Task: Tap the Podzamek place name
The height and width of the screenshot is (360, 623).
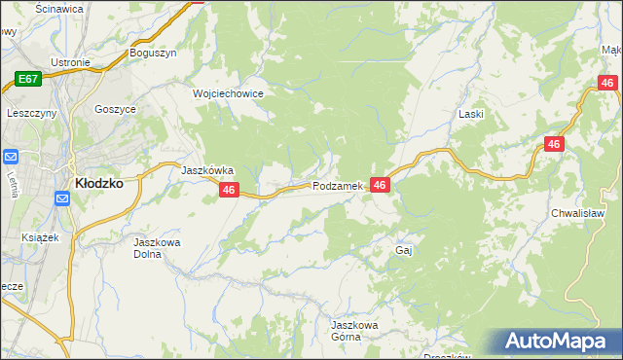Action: [x=338, y=186]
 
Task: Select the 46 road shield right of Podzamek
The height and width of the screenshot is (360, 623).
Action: [x=380, y=185]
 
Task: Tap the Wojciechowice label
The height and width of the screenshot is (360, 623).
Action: [x=229, y=93]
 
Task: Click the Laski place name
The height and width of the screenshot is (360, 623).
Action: [x=471, y=114]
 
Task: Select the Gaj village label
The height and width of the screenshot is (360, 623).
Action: [x=405, y=250]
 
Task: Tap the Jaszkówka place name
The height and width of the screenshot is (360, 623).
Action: [x=207, y=169]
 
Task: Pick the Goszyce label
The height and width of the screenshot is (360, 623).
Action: [x=115, y=110]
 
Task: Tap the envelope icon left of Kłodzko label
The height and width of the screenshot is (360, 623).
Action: [x=62, y=198]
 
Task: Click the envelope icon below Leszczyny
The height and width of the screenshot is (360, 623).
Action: [x=13, y=157]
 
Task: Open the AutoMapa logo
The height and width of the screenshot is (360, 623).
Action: [x=558, y=341]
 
